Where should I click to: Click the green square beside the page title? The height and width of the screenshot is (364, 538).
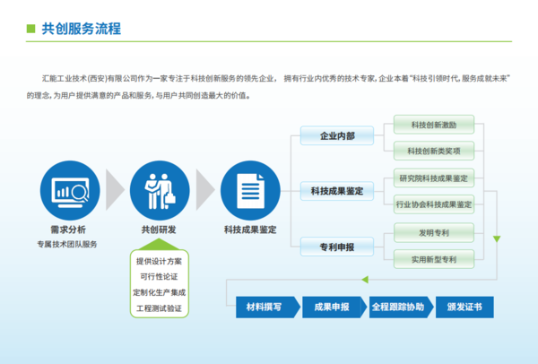pos(30,29)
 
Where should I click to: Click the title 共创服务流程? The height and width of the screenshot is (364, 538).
pos(82,29)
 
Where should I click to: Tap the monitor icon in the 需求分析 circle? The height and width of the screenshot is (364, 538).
pos(70,192)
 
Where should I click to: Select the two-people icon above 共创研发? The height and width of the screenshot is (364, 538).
pos(160,191)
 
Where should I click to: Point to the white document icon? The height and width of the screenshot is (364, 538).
pos(250,191)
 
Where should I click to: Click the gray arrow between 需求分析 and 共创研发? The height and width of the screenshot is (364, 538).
pos(115,190)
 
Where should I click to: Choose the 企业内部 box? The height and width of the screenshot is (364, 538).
pos(337,136)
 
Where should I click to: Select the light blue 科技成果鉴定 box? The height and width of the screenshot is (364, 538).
pos(337,191)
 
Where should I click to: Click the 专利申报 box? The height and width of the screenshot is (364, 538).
pos(337,247)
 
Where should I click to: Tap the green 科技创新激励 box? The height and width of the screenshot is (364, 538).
pos(434,125)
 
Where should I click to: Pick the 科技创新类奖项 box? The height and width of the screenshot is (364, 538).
pos(434,151)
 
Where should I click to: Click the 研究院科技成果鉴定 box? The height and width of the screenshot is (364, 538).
pos(434,178)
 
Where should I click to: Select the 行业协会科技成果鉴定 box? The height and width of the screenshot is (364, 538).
pos(434,204)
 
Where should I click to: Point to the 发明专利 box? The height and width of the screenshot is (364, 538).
pos(434,233)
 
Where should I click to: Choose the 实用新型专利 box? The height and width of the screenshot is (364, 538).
pos(434,259)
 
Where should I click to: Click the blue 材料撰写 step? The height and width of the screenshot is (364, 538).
pos(268,307)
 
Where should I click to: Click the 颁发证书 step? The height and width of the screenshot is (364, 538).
pos(464,307)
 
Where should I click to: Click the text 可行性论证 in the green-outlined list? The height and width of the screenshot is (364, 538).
pos(160,277)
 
